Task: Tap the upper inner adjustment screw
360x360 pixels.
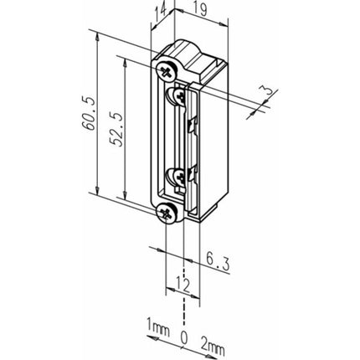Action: click(178, 98)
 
